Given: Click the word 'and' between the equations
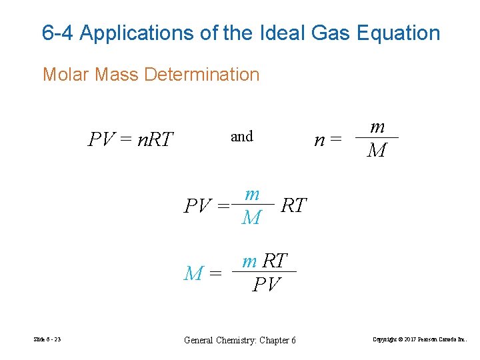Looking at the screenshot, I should (x=241, y=137).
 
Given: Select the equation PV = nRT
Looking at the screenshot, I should (x=131, y=139).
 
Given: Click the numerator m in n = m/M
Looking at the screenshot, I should (x=377, y=127).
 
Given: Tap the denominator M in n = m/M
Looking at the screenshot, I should (x=377, y=151).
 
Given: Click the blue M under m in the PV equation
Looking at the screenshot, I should (x=251, y=217).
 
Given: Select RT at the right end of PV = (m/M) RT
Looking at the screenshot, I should (x=294, y=205).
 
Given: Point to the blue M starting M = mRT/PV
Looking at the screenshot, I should (x=193, y=273).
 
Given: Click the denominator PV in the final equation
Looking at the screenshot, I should (x=267, y=285).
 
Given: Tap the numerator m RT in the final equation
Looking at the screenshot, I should (x=265, y=261).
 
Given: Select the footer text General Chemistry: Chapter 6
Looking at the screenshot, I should (x=239, y=340).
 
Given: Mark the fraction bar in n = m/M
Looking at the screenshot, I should (x=377, y=138).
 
